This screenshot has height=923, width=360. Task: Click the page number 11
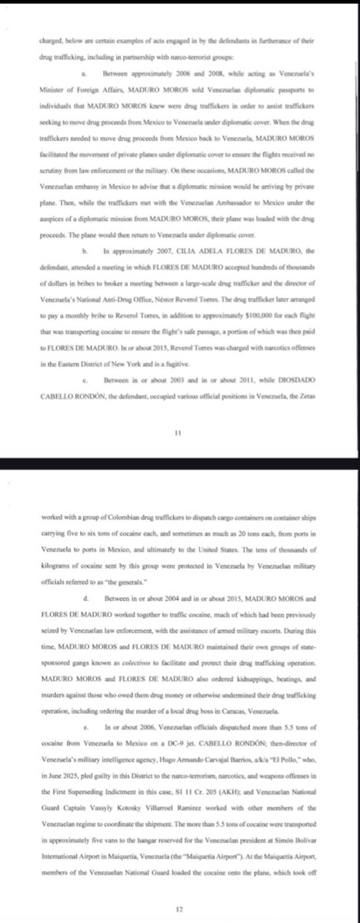click(x=178, y=433)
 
